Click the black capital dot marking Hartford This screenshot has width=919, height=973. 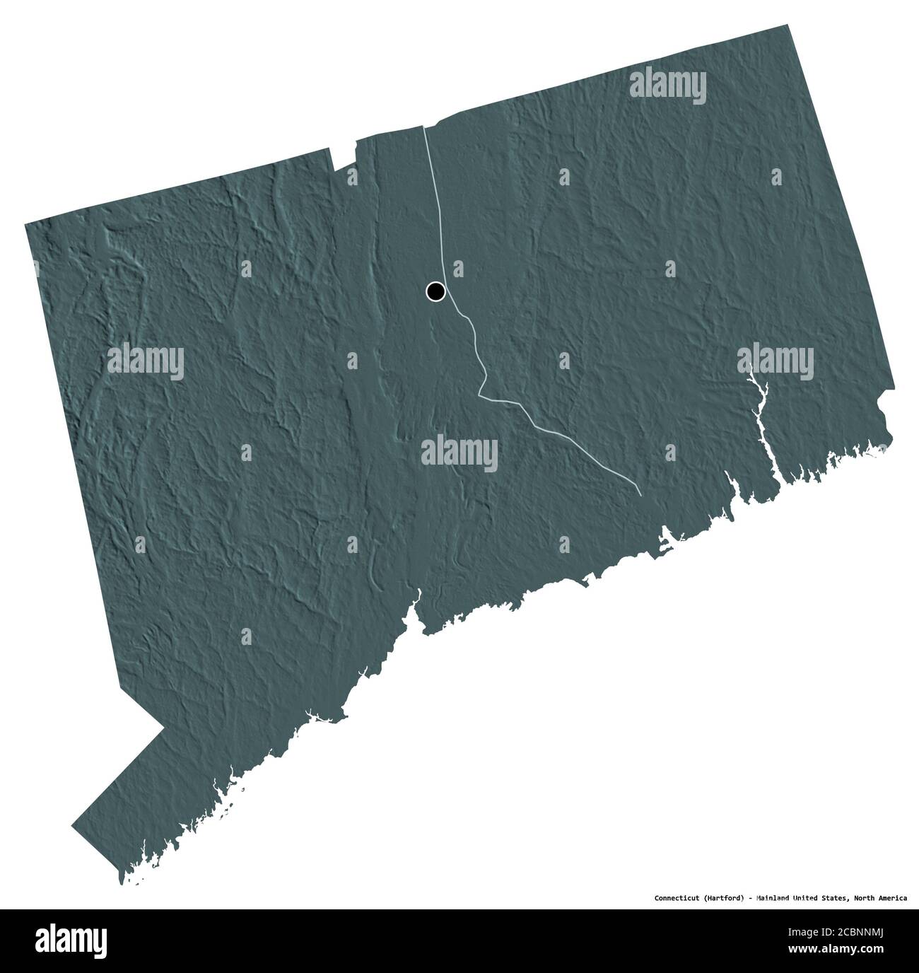tap(435, 291)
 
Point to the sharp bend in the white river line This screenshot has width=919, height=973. tap(481, 395)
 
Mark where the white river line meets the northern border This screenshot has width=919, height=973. tap(424, 127)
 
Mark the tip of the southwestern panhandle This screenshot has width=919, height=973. tap(73, 825)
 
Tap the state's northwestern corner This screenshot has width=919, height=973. tap(25, 224)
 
